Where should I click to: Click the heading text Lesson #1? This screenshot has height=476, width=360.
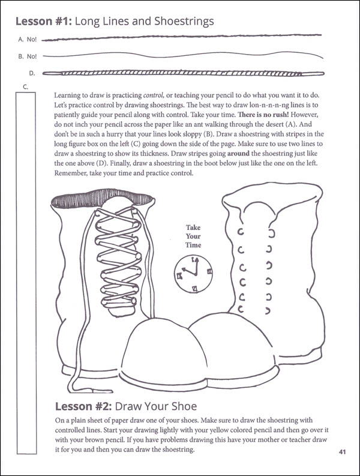pos(43,22)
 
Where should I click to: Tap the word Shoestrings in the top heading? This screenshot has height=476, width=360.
pos(184,22)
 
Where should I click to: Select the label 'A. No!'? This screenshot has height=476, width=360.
pos(28,40)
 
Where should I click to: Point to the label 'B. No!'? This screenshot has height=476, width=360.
pos(28,56)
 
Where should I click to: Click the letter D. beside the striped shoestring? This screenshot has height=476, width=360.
pos(32,73)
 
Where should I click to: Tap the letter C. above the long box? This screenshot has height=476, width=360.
pos(25,87)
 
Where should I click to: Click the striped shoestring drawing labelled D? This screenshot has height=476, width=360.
pos(184,73)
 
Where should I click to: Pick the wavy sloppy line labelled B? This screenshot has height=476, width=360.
pos(184,55)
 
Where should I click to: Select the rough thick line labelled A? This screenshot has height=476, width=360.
pos(182,37)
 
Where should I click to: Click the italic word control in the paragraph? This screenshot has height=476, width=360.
pos(154,95)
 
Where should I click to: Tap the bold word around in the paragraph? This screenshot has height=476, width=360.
pos(238,154)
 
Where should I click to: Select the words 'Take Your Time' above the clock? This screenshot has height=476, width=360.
pos(193,236)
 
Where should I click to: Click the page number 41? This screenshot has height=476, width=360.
pos(342,452)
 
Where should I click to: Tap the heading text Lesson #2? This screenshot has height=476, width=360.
pos(83,406)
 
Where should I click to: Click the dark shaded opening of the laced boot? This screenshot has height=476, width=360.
pos(101,199)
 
